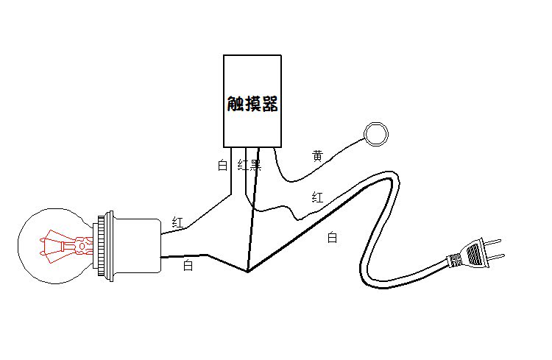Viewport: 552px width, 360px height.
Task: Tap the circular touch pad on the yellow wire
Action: [x=376, y=133]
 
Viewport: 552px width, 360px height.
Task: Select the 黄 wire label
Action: [x=317, y=156]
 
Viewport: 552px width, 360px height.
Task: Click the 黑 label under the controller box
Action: [x=256, y=165]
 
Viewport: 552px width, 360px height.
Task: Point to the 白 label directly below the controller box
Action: [x=222, y=166]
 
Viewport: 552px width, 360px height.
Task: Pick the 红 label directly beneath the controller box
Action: [x=243, y=165]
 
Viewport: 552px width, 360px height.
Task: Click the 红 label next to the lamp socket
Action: [x=177, y=221]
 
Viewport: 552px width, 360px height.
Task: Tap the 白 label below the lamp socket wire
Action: [x=188, y=266]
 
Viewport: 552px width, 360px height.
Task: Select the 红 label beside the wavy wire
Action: [x=317, y=197]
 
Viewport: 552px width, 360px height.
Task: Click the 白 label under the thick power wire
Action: [x=332, y=237]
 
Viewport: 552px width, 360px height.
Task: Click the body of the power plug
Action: [x=475, y=254]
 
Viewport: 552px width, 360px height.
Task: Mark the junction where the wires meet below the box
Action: [x=248, y=271]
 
